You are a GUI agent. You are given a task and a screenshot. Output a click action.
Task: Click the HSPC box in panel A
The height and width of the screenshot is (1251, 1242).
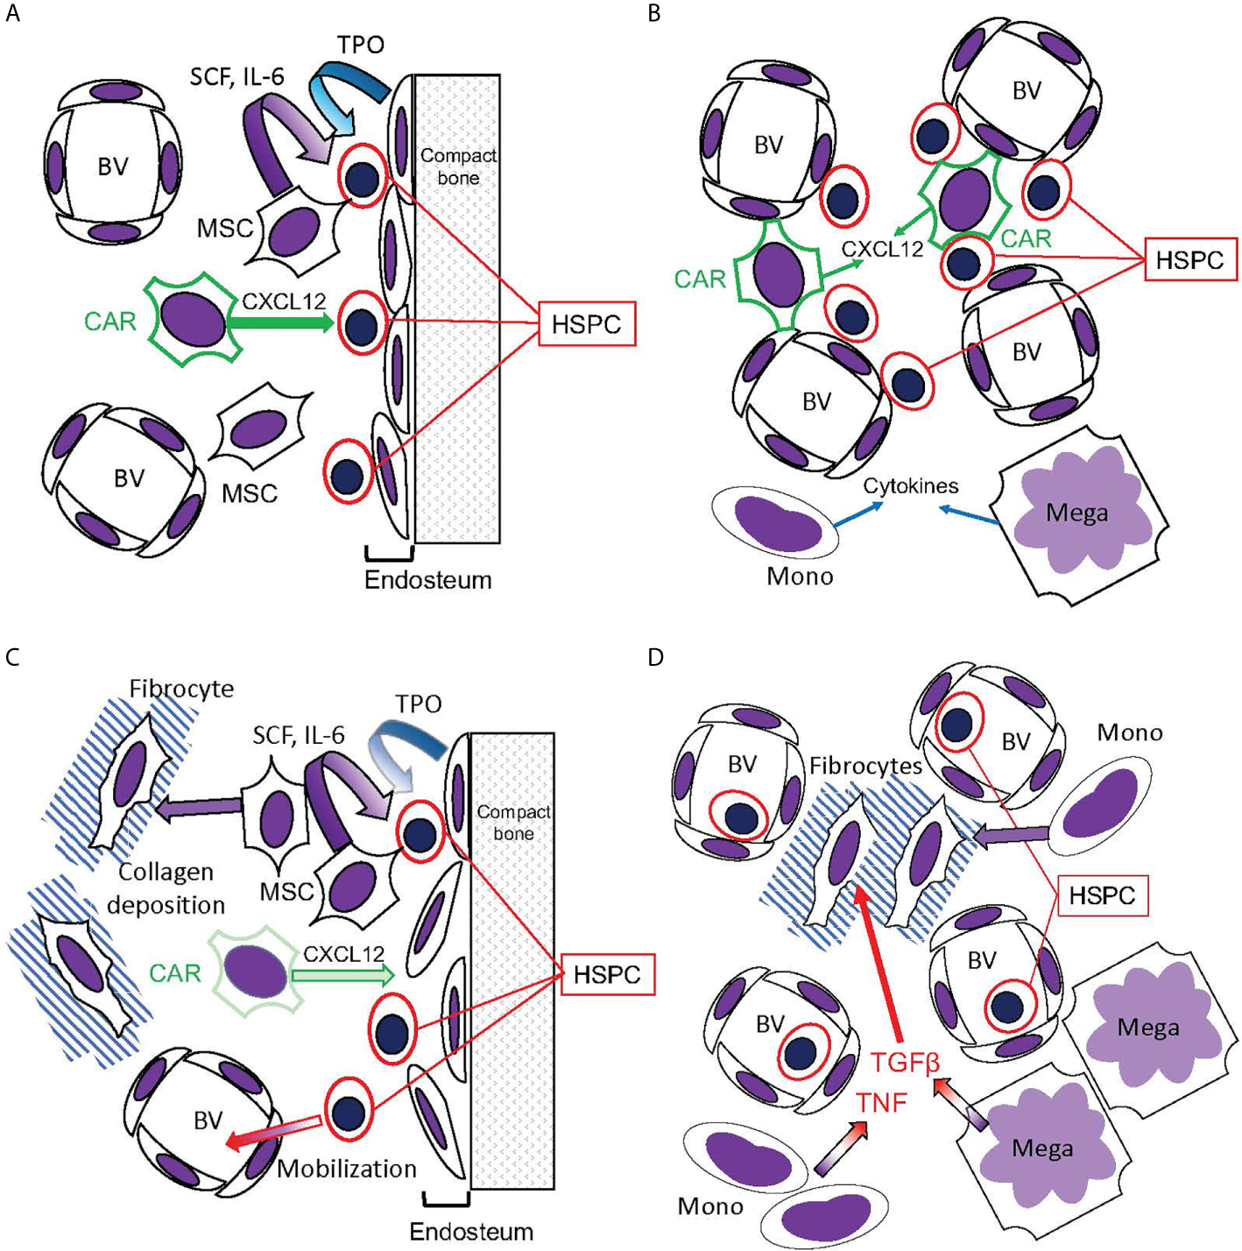(x=586, y=323)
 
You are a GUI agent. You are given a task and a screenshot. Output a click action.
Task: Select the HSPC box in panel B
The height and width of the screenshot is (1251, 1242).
(x=1189, y=259)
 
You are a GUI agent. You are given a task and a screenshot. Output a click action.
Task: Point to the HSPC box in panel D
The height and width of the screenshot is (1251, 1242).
(x=1102, y=896)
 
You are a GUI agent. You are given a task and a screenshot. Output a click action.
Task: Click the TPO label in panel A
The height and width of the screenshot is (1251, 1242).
(x=361, y=44)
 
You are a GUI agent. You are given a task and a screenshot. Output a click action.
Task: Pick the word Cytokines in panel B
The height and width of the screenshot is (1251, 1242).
(x=910, y=485)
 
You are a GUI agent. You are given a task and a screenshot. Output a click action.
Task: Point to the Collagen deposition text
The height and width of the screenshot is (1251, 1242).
(x=166, y=888)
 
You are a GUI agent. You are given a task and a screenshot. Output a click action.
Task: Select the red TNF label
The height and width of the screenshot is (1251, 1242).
(x=880, y=1102)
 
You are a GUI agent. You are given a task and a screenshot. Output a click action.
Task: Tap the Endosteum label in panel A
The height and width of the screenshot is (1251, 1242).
(x=427, y=579)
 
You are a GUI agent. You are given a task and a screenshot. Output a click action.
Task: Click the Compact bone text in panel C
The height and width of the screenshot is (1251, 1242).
(x=513, y=823)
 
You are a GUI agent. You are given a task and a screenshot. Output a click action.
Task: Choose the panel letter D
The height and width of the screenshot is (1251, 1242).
(x=656, y=657)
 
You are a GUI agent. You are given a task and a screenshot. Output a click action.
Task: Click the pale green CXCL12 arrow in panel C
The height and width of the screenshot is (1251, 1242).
(x=342, y=974)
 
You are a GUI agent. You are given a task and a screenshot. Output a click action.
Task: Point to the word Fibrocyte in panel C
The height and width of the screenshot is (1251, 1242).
(x=182, y=689)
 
